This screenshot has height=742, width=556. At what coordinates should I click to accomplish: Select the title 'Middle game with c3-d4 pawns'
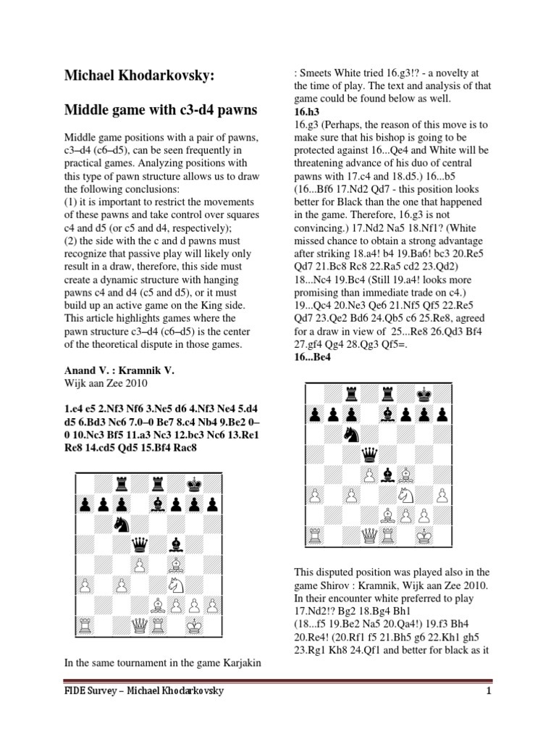[161, 109]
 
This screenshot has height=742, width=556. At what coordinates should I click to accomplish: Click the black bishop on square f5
[175, 543]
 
